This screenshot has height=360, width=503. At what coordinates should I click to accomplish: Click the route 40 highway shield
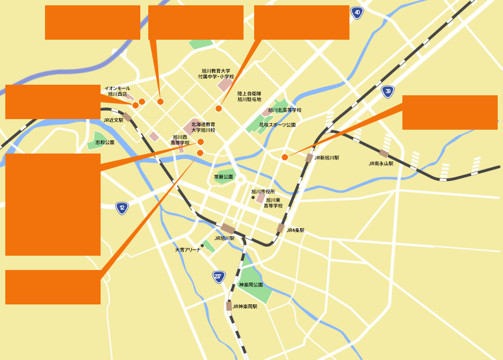[357, 13]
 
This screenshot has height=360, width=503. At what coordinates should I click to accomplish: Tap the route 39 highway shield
[388, 92]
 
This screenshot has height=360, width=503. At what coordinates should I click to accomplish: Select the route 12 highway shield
[122, 208]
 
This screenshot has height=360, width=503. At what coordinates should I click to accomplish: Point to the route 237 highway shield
[219, 276]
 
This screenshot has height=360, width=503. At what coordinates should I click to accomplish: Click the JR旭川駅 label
[224, 238]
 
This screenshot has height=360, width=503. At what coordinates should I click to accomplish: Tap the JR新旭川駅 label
[327, 158]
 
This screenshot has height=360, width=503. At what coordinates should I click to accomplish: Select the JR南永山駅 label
[381, 164]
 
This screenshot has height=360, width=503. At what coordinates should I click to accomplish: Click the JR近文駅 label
[113, 120]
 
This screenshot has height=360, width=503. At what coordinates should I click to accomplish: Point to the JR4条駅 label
[295, 230]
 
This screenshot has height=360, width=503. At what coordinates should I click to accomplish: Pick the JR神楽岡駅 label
[245, 307]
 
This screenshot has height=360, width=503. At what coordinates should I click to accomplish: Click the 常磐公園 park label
[223, 177]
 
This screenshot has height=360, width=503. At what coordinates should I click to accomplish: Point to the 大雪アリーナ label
[187, 249]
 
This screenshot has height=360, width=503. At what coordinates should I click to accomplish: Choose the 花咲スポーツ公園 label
[277, 125]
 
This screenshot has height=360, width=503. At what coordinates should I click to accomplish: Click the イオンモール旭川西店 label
[117, 91]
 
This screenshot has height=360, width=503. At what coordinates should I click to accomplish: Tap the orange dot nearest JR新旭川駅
[285, 157]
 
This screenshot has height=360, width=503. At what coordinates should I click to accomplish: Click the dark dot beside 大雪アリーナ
[202, 246]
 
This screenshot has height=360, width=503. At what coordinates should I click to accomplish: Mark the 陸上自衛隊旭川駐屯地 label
[249, 96]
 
